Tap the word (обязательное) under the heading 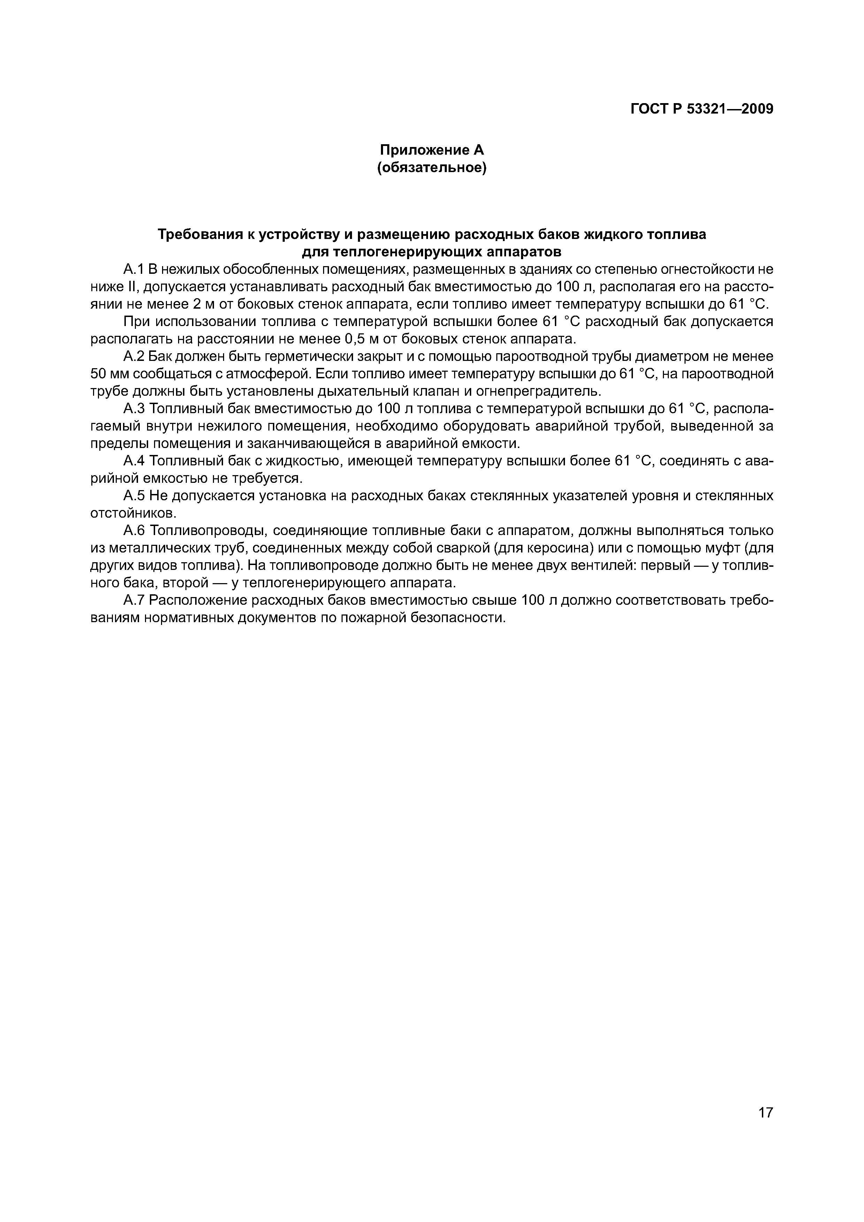tap(432, 168)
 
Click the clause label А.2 tap(133, 356)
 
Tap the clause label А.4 tap(133, 461)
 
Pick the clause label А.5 tap(133, 496)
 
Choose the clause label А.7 tap(133, 600)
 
